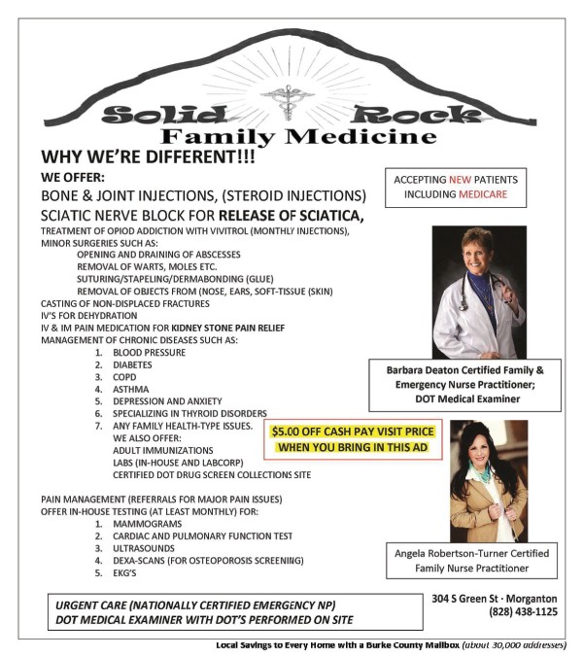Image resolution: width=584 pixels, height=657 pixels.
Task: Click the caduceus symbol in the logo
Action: click(288, 104)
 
